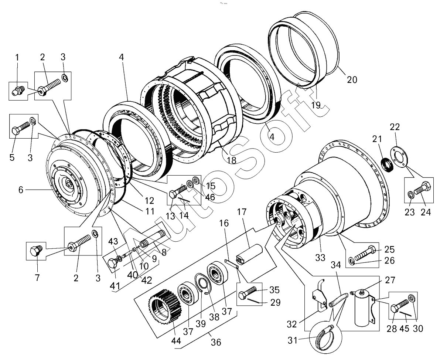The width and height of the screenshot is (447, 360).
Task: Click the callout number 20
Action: pyautogui.click(x=352, y=79)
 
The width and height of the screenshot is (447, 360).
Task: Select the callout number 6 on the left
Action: pyautogui.click(x=21, y=190)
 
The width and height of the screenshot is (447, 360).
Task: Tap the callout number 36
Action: pyautogui.click(x=216, y=342)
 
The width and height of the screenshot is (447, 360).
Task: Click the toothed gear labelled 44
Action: pyautogui.click(x=164, y=306)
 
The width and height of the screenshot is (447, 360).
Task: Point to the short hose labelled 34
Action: pyautogui.click(x=338, y=299)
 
